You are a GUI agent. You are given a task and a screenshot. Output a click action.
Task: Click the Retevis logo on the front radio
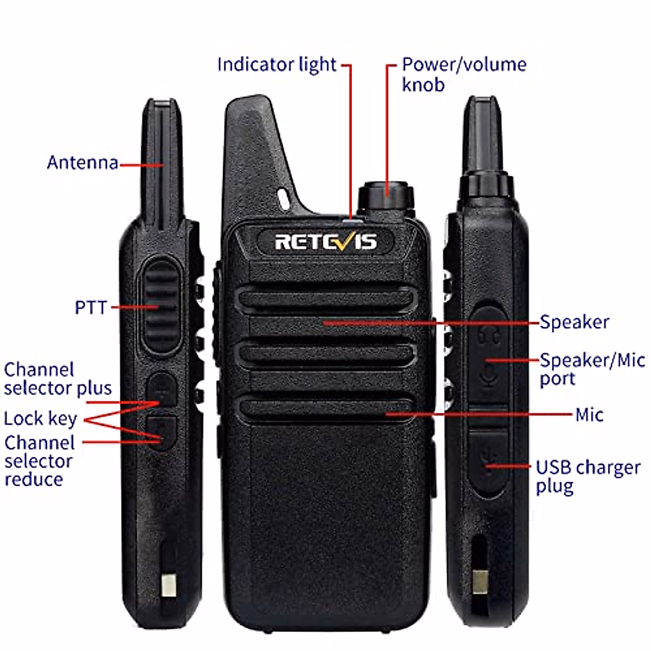point(325,241)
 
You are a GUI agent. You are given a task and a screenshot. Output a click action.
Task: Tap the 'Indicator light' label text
point(277,65)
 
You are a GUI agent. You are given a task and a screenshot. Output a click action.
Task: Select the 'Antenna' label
point(82,162)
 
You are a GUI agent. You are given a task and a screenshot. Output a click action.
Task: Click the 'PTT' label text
point(91,307)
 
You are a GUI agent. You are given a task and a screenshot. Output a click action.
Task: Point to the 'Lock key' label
point(40,419)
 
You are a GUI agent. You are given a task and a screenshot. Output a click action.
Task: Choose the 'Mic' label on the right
point(589,415)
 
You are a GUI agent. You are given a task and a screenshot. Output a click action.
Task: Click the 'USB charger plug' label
point(588,476)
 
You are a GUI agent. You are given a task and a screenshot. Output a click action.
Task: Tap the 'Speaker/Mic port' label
point(592,369)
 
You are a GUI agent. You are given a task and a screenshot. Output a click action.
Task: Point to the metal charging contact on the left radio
point(169,585)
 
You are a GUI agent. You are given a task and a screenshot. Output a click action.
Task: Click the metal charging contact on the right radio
point(480,581)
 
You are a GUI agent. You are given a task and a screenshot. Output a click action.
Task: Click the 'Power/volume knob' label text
point(464,74)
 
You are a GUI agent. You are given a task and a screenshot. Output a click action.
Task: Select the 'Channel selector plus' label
point(58,379)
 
